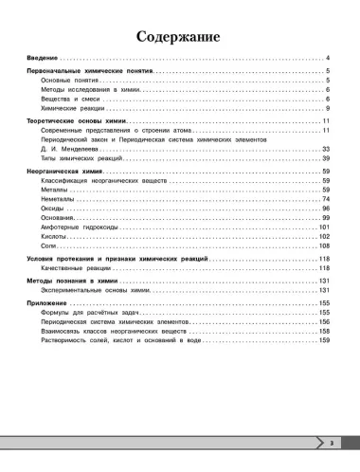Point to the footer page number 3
pyautogui.click(x=331, y=444)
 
